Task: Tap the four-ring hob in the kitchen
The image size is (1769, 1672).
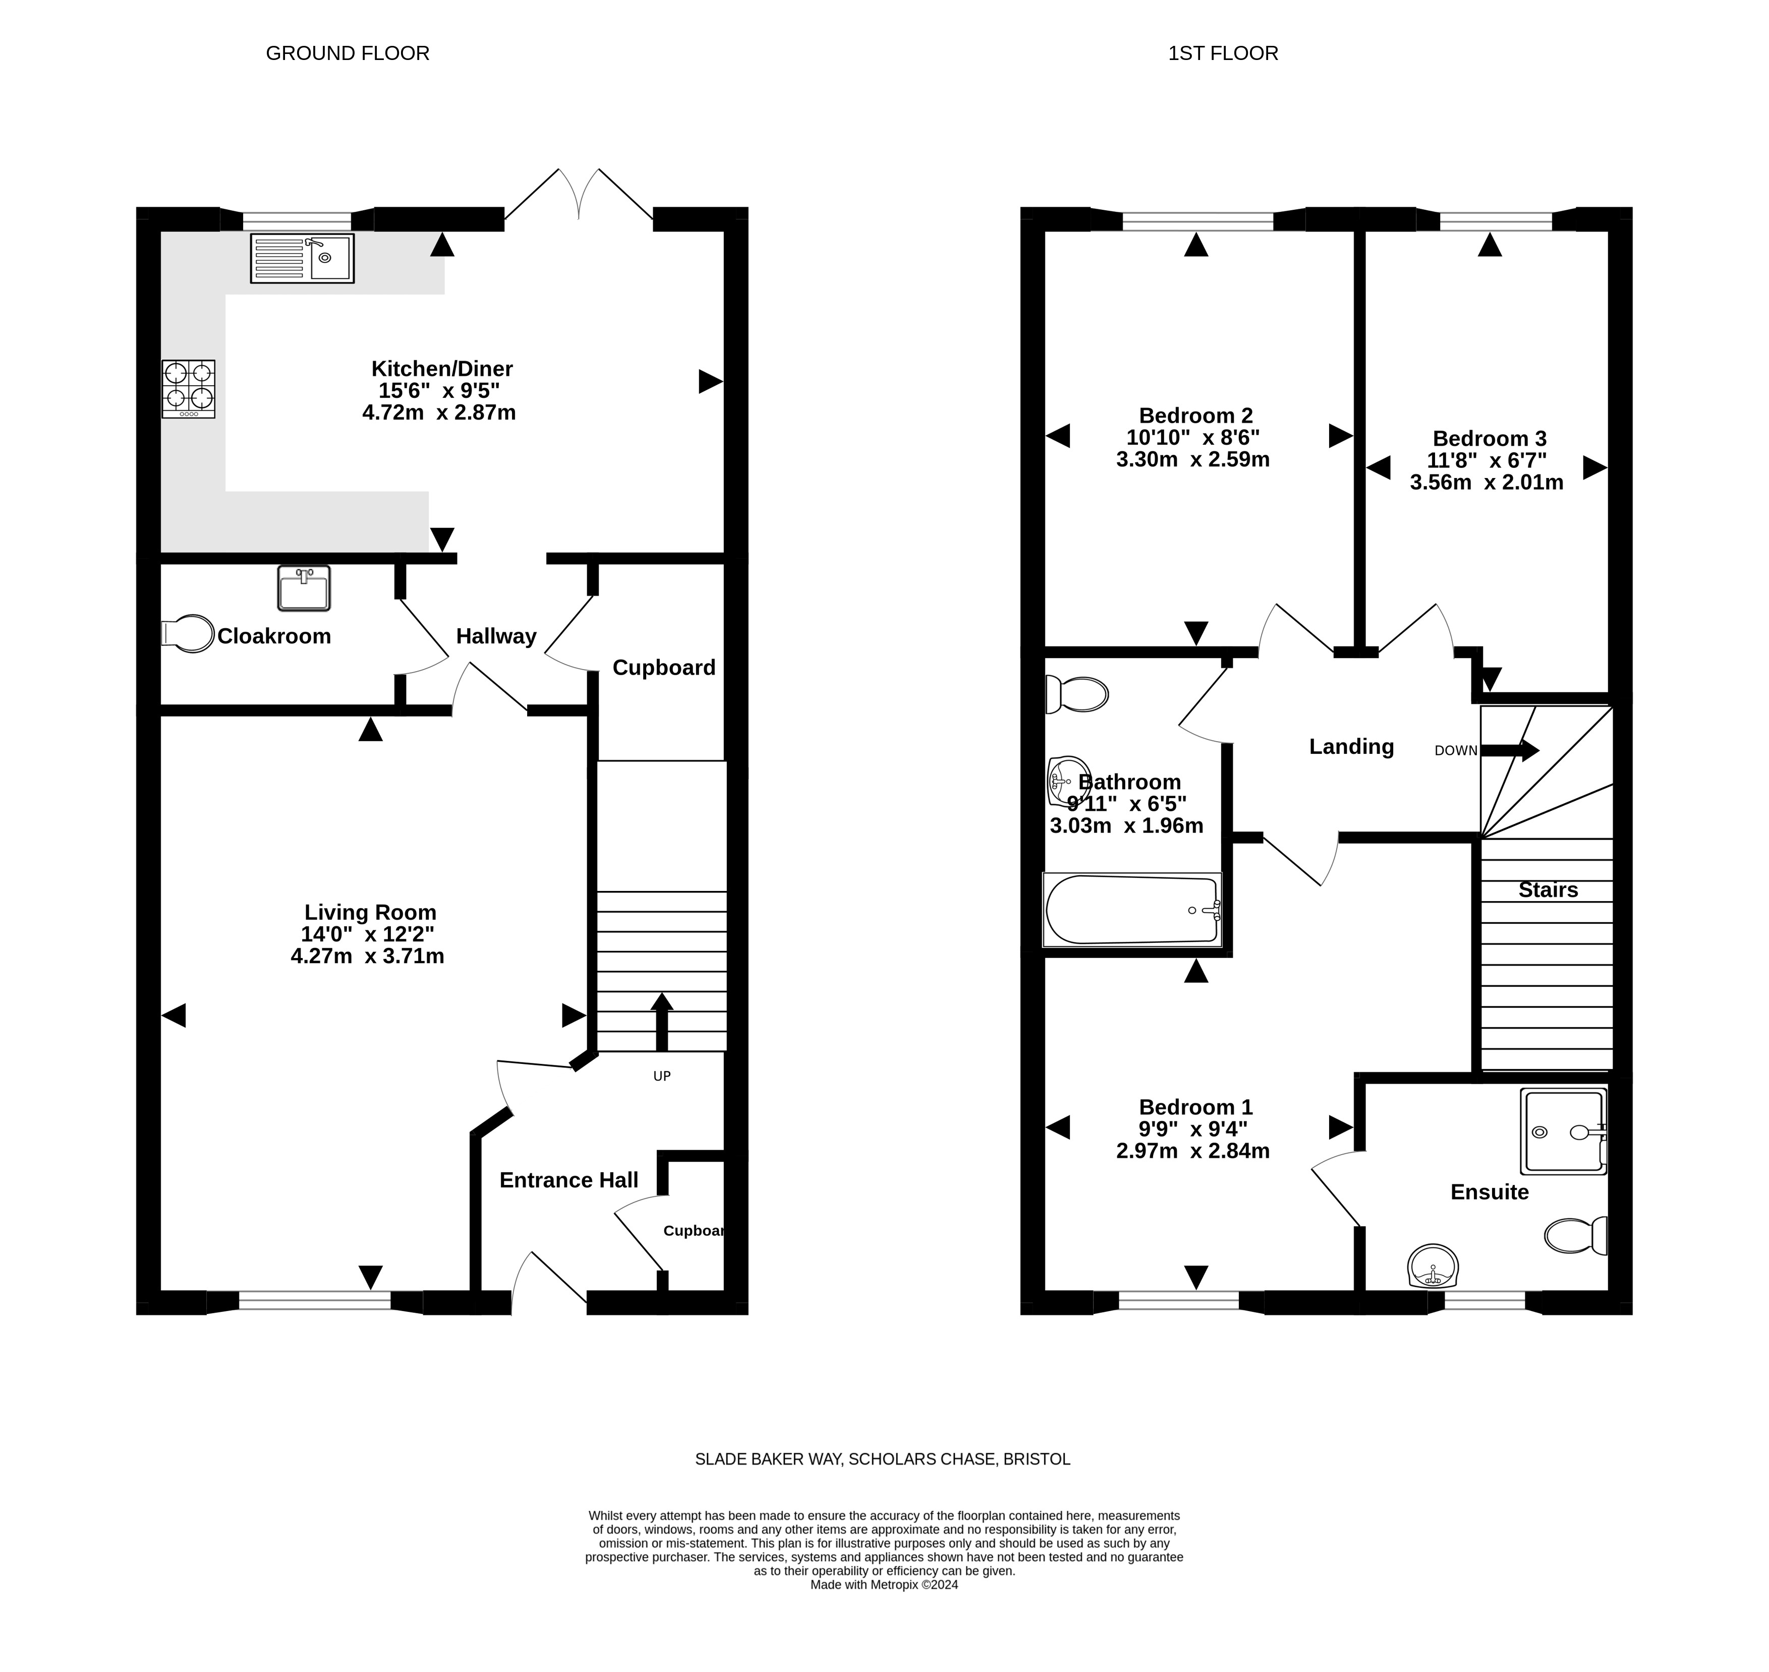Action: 188,389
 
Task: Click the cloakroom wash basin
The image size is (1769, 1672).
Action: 304,588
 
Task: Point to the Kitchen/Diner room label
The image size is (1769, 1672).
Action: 441,368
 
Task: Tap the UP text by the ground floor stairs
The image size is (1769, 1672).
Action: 662,1076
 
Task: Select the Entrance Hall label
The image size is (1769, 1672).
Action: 569,1180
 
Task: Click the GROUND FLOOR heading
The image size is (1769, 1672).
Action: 348,53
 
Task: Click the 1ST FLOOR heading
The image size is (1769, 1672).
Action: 1223,53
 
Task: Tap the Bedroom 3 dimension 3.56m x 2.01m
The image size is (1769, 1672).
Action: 1487,482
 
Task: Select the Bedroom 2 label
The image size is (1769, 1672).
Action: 1195,415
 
